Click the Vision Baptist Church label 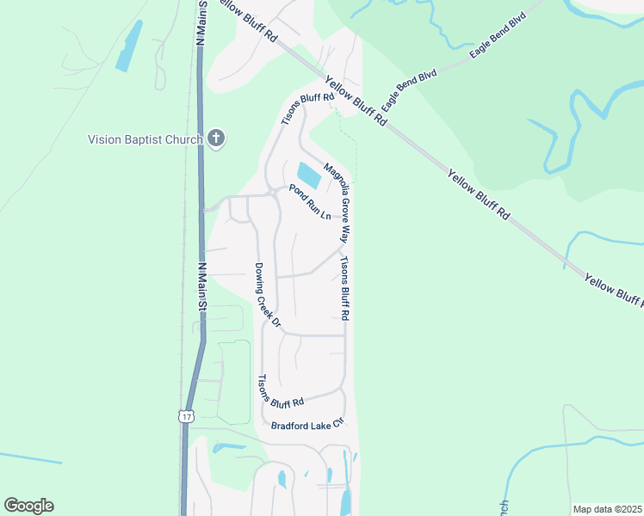click(x=145, y=139)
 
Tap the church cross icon click(x=215, y=138)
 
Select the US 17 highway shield click(x=186, y=416)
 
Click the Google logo click(x=28, y=506)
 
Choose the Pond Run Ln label click(x=310, y=202)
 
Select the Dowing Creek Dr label click(x=268, y=294)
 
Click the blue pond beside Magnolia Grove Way click(x=309, y=175)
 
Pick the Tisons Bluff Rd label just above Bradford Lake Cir click(x=282, y=392)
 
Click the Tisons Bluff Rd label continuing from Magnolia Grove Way click(x=344, y=289)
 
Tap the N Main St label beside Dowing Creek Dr click(x=204, y=286)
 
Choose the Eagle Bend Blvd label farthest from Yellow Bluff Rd click(x=497, y=36)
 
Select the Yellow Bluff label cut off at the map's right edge click(x=613, y=290)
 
